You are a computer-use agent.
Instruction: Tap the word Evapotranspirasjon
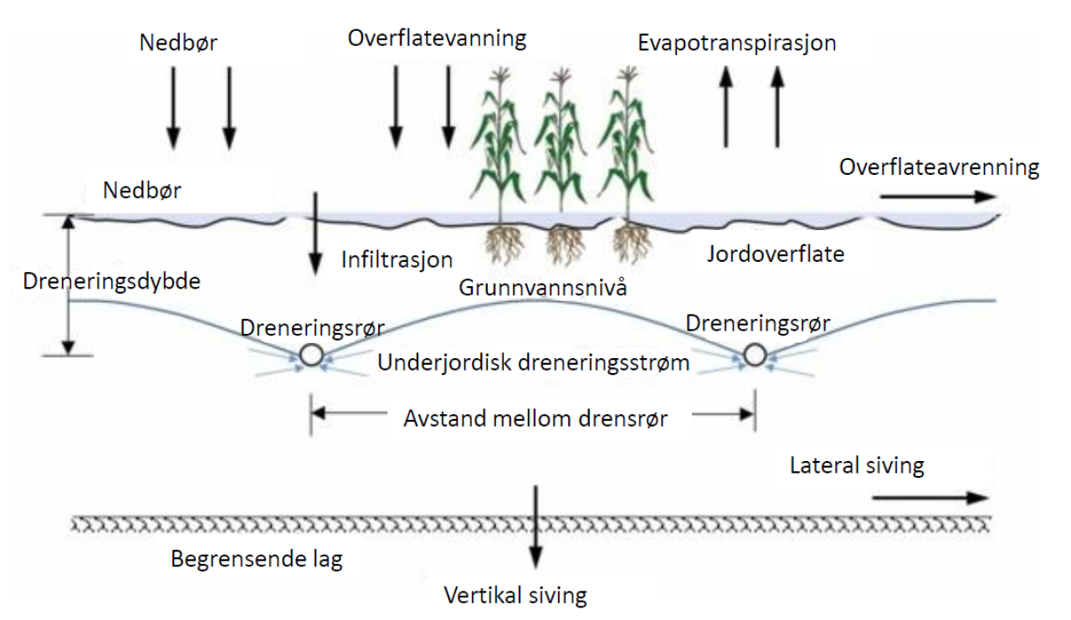(736, 44)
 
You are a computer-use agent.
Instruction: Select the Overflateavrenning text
(939, 167)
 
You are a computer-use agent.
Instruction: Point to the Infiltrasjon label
(397, 259)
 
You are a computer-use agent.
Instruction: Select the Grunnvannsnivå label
(543, 289)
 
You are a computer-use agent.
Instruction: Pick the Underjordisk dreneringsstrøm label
(534, 363)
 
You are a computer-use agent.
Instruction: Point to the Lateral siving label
(857, 464)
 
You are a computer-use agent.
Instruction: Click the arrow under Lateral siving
(929, 497)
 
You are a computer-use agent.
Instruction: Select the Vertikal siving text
(515, 595)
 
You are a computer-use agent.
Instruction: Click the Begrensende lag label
(257, 559)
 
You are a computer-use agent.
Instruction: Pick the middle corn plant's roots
(566, 243)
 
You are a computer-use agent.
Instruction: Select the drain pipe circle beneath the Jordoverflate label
(755, 355)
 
